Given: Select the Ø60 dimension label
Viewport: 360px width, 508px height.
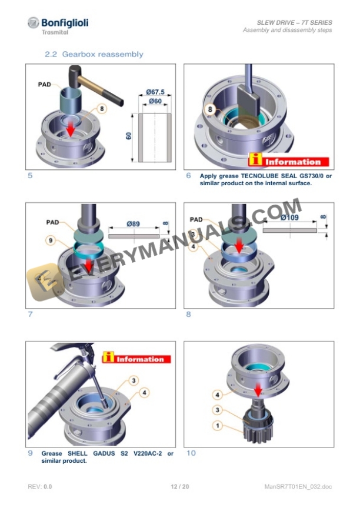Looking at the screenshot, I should coord(155,102).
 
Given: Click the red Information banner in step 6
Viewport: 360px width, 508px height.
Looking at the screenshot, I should coord(288,161).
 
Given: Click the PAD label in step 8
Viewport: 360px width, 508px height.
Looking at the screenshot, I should coord(196,219).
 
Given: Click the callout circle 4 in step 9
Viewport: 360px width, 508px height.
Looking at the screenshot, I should coord(145,392).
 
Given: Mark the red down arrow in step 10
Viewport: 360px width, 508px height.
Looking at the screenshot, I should coord(256,389).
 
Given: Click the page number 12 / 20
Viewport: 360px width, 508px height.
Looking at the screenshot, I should coord(179,487).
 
